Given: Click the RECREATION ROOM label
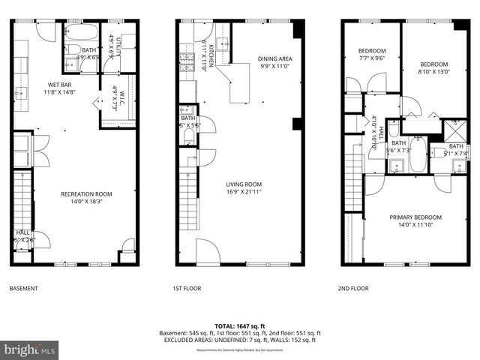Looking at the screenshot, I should point(81,197).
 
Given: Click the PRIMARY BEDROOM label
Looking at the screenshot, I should point(415,221).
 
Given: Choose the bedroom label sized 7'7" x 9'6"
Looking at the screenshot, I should point(370,54).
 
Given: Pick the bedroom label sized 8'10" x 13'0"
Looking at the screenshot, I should point(433,68).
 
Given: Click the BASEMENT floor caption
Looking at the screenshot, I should point(25,288).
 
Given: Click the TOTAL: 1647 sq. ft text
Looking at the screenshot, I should point(240,325).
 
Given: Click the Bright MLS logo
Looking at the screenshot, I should point(30,349).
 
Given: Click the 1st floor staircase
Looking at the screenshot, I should point(188,198).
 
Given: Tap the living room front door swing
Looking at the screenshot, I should point(207,252).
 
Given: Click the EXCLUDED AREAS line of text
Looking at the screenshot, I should point(240,340).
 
